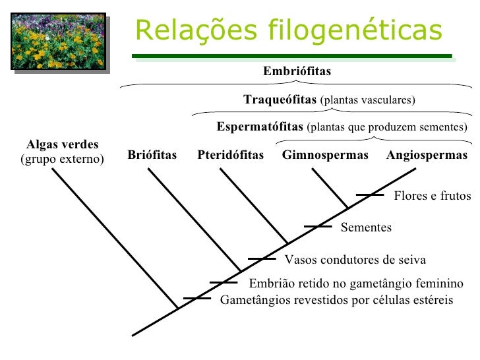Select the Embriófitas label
[x=297, y=71]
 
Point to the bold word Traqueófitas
[x=280, y=100]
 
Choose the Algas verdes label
[x=62, y=145]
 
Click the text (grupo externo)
[x=62, y=160]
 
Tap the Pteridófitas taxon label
[x=230, y=156]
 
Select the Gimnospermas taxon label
[x=325, y=156]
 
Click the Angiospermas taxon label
[x=427, y=156]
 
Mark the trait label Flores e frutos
[x=433, y=196]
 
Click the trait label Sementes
[x=366, y=228]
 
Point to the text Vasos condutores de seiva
[x=355, y=259]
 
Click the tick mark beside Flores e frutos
[x=369, y=195]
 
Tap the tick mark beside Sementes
[x=318, y=227]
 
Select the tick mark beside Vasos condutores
[x=261, y=258]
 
